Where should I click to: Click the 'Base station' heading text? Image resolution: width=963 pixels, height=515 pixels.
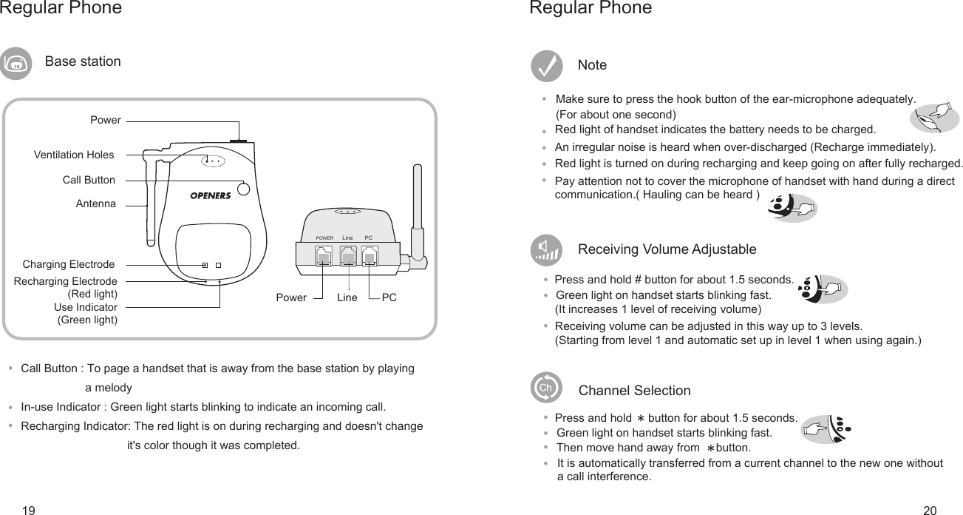83,61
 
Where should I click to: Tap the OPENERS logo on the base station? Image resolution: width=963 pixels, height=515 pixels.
211,195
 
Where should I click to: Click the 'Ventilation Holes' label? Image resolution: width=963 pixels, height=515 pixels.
74,155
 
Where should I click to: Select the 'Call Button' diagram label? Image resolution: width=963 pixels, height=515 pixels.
89,180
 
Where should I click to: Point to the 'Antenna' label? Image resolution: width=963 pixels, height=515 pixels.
96,203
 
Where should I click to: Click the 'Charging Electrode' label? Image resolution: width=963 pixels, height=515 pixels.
69,264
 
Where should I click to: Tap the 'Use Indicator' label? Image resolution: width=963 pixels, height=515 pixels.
86,307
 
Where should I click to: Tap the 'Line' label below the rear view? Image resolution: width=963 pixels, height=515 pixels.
347,297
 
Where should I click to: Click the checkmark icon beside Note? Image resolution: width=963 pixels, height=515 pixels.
546,66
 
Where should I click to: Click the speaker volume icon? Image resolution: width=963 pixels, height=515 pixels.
546,250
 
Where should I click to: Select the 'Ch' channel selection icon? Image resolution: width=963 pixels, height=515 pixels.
546,388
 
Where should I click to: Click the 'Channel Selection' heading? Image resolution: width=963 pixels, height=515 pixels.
634,390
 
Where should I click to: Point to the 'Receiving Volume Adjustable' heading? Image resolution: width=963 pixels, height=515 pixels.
667,249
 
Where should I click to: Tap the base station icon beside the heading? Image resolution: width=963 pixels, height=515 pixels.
16,64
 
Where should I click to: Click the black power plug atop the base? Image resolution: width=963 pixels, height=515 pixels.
238,138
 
